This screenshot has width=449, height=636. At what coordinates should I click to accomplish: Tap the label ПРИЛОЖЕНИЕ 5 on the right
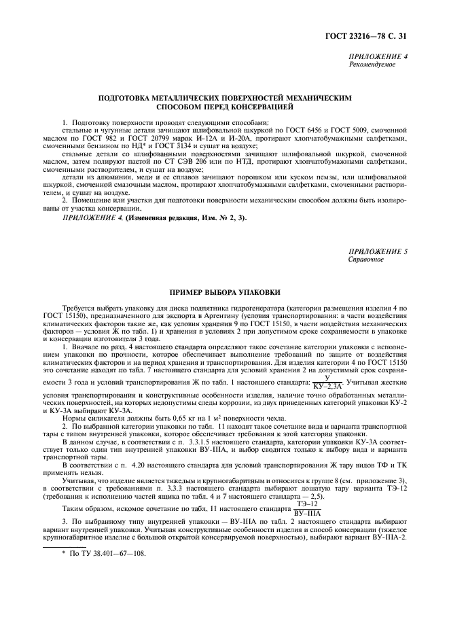coord(378,251)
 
